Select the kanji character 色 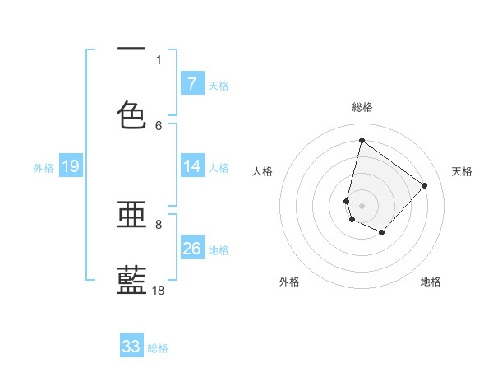tap(131, 114)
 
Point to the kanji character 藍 tap(131, 280)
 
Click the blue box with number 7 tap(191, 84)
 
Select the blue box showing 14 tap(191, 166)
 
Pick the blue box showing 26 tap(191, 249)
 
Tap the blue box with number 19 tap(70, 167)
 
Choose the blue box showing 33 tap(131, 347)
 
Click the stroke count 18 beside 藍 tap(159, 290)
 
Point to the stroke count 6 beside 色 tap(159, 125)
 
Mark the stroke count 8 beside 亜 tap(159, 224)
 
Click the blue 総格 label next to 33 tap(158, 348)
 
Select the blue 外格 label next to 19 tap(44, 168)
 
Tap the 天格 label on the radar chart tap(462, 171)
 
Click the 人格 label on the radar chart tap(263, 171)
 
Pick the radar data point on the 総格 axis tap(362, 141)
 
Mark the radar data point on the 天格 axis tap(424, 185)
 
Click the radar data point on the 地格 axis tap(382, 234)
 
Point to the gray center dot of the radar tap(362, 205)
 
